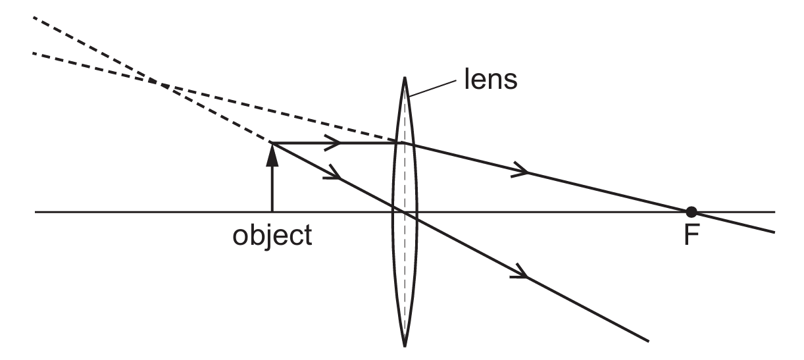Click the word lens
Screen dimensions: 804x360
(x=491, y=80)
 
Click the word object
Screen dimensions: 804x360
(x=272, y=236)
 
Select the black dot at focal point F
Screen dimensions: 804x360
(x=691, y=212)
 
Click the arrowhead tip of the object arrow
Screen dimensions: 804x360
(x=272, y=143)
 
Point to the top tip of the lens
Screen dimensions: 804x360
(x=405, y=77)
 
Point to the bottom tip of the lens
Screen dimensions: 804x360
(x=405, y=347)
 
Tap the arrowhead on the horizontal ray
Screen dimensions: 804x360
(x=333, y=143)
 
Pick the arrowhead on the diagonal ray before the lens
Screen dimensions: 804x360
(x=333, y=173)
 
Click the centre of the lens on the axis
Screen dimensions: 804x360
(x=405, y=212)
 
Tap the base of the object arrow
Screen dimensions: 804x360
(x=272, y=212)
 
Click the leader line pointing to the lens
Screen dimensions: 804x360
(x=432, y=89)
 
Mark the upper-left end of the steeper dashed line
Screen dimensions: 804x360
(x=34, y=17)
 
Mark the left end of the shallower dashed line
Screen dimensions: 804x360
(x=34, y=53)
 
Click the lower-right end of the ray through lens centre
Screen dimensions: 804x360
(x=648, y=341)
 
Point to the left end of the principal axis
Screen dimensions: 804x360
(x=35, y=212)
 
